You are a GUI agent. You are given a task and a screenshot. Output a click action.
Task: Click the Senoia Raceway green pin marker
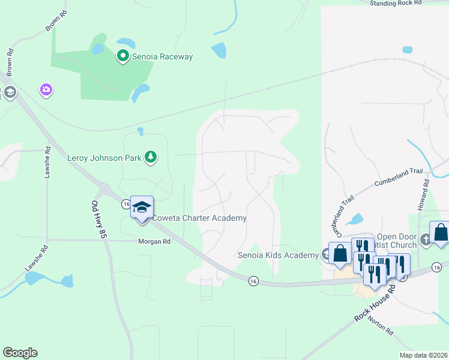click(123, 56)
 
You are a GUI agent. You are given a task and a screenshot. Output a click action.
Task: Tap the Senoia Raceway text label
click(162, 57)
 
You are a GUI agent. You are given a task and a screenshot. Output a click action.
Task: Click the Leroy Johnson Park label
click(104, 158)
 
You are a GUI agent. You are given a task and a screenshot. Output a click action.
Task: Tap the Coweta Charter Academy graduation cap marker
click(142, 208)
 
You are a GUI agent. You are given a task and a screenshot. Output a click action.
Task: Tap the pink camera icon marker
click(46, 90)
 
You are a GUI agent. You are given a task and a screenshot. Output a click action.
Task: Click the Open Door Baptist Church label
click(396, 240)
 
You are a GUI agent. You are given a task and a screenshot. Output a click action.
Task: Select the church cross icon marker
click(425, 240)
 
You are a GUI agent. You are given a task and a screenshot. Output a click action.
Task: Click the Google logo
click(20, 353)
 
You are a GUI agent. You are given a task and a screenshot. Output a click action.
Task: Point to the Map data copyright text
click(424, 355)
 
